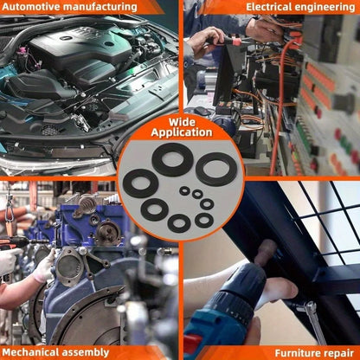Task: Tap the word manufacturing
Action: pos(100,7)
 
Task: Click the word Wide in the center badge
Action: pos(182,122)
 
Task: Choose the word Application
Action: pos(182,132)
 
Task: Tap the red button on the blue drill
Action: pos(192,344)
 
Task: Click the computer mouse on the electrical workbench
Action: pos(201,111)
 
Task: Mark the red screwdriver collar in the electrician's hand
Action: pos(236,42)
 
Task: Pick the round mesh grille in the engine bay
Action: pos(50,130)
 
